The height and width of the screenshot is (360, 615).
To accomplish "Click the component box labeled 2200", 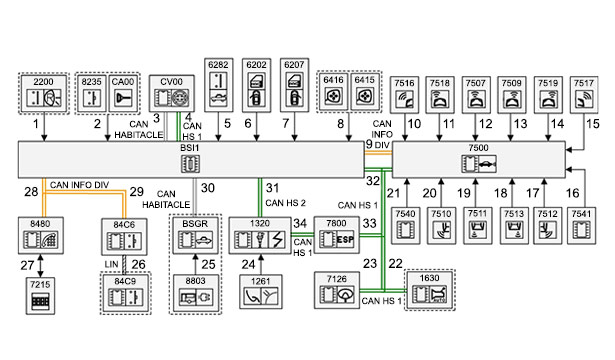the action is pos(44,93).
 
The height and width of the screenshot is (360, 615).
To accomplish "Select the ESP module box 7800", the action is pos(336,235).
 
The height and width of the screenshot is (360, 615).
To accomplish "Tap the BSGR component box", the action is pos(195,235).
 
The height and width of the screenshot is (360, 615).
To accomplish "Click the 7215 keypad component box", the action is pos(40,296).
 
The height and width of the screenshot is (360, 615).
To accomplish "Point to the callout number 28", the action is pos(31,192).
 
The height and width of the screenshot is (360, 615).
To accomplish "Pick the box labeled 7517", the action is pos(584,95).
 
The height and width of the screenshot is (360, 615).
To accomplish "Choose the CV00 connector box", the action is pos(172,93).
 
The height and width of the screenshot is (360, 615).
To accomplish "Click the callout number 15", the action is pos(593,124).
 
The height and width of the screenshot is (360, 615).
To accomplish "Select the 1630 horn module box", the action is pos(429,290).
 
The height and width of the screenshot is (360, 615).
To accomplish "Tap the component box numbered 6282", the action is pos(218,85).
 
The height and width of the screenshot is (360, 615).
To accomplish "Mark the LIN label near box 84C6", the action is pos(111,264).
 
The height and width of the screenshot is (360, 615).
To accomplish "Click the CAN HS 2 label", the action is pos(285,203).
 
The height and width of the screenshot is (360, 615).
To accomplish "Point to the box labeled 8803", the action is pos(195,293).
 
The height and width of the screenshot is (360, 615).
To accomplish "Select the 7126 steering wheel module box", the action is pos(337,290).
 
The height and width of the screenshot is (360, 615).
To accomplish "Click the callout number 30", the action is pos(208,188).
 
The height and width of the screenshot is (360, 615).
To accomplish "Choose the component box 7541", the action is pos(581,226).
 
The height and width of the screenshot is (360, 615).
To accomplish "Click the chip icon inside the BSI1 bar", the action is pos(190,164).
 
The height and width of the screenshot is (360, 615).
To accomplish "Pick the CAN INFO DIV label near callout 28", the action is pos(79,185).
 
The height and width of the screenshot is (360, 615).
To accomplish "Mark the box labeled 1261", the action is pos(261,291).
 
